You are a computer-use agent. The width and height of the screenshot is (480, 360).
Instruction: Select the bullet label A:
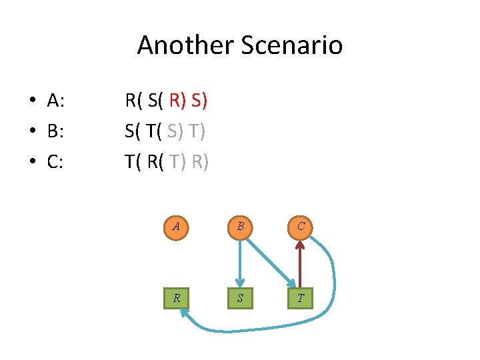[55, 101]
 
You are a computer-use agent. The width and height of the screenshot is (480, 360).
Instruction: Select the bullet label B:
[55, 131]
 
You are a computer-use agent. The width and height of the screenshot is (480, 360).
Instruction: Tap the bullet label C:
[55, 161]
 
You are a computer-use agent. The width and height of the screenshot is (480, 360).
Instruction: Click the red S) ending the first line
[199, 101]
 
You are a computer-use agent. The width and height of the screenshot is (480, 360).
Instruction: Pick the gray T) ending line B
[196, 131]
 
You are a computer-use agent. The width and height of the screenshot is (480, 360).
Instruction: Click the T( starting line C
[134, 161]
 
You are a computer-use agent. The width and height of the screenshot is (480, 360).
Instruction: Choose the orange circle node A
[176, 226]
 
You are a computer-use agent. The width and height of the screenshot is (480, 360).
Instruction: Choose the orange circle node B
[239, 226]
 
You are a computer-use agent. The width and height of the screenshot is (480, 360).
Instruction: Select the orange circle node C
[301, 226]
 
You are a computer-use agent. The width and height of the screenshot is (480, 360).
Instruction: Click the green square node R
[176, 298]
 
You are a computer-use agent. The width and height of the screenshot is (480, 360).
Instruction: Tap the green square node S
[239, 298]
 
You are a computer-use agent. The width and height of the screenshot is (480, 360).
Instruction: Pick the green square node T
[301, 298]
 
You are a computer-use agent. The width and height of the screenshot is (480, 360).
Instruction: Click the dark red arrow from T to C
[301, 263]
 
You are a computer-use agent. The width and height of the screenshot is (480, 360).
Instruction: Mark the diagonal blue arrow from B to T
[270, 261]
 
